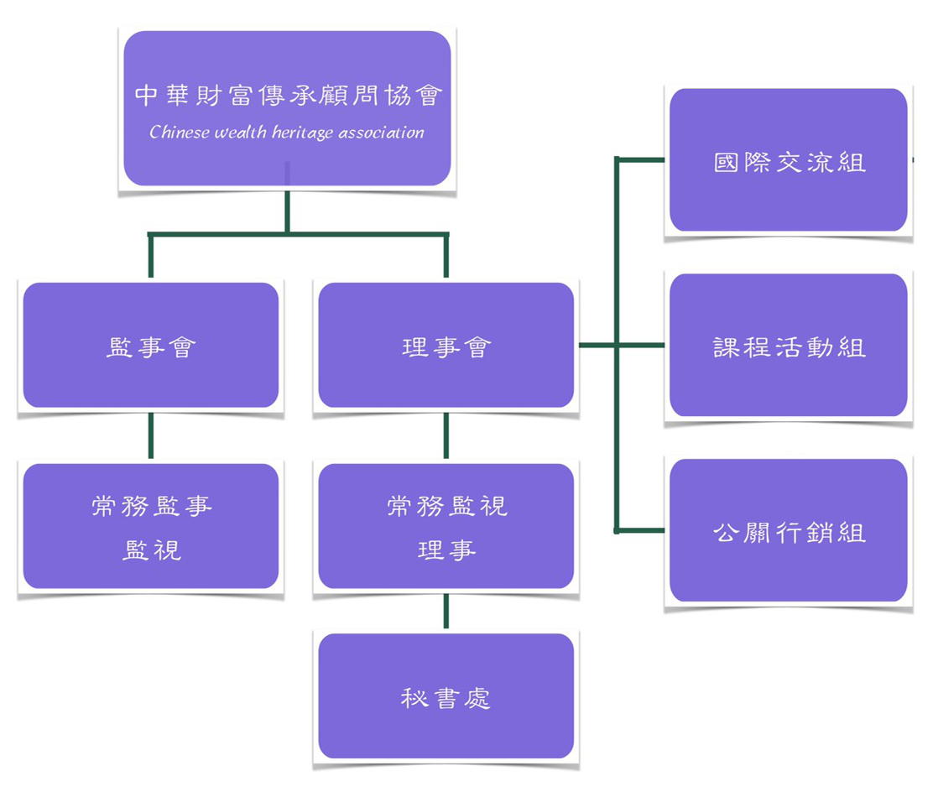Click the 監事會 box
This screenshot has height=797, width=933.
[151, 346]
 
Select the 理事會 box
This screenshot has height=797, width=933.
[446, 346]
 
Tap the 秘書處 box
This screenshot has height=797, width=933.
[446, 696]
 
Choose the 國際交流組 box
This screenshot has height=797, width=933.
[788, 160]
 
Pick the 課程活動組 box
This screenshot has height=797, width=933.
[788, 346]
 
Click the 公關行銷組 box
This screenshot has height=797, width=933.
[788, 530]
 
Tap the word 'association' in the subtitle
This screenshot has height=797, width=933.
[382, 132]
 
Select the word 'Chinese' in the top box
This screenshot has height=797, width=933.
[179, 132]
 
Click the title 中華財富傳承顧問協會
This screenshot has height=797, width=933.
[287, 95]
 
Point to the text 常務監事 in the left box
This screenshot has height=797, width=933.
[151, 506]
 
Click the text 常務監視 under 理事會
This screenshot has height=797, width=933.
[446, 506]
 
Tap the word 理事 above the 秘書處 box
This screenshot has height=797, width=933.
[446, 550]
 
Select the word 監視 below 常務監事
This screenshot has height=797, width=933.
[151, 550]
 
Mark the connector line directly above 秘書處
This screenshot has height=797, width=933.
[446, 611]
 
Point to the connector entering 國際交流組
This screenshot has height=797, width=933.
[642, 159]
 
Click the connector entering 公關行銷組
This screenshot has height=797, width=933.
[642, 530]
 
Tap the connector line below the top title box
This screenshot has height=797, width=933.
[287, 210]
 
